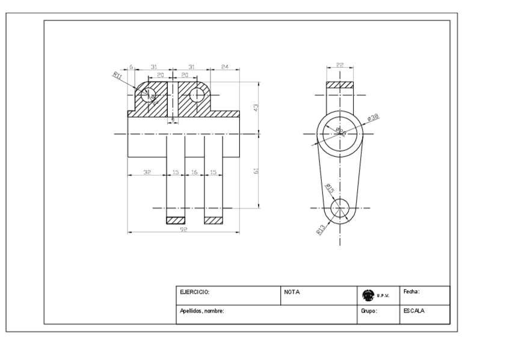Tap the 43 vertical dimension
pyautogui.click(x=256, y=107)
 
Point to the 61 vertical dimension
pyautogui.click(x=256, y=172)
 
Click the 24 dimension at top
pyautogui.click(x=224, y=66)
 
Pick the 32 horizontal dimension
pyautogui.click(x=147, y=172)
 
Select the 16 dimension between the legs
pyautogui.click(x=194, y=172)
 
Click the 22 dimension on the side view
pyautogui.click(x=339, y=65)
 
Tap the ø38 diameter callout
pyautogui.click(x=373, y=116)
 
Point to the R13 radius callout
pyautogui.click(x=321, y=228)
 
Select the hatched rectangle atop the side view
pyautogui.click(x=339, y=85)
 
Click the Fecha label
pyautogui.click(x=411, y=292)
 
